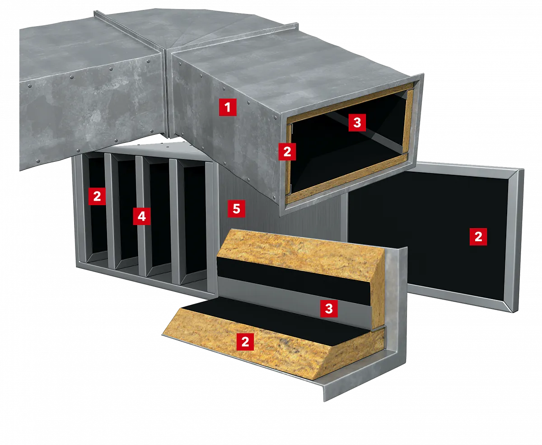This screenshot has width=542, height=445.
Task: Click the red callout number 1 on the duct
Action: click(x=228, y=107)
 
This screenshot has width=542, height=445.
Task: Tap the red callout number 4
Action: click(x=142, y=216)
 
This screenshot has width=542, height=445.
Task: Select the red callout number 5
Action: click(x=236, y=208)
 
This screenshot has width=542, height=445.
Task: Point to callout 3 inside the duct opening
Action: click(x=357, y=122)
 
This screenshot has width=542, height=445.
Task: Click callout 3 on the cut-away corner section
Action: click(x=329, y=308)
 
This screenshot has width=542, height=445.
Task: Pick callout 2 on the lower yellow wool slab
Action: click(x=245, y=342)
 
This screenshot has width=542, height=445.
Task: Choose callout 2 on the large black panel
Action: click(x=478, y=237)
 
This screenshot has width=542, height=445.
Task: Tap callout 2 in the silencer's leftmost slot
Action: click(x=97, y=197)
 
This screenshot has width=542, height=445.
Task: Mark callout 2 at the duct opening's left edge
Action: click(x=287, y=152)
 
